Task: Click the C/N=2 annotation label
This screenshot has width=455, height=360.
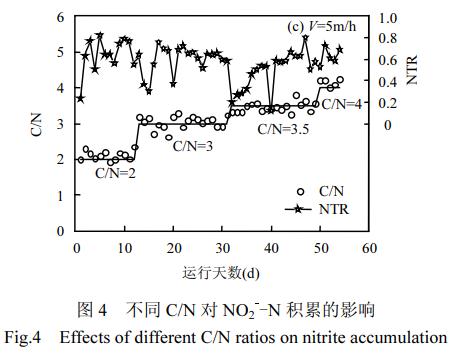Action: (x=116, y=173)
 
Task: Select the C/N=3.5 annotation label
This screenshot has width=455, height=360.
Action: (x=283, y=128)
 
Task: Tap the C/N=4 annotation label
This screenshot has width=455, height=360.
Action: (x=340, y=103)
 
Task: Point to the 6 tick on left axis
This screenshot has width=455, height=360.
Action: (x=61, y=17)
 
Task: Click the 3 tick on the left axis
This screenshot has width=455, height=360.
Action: (x=61, y=124)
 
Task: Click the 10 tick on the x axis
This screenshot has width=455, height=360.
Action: (x=125, y=247)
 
